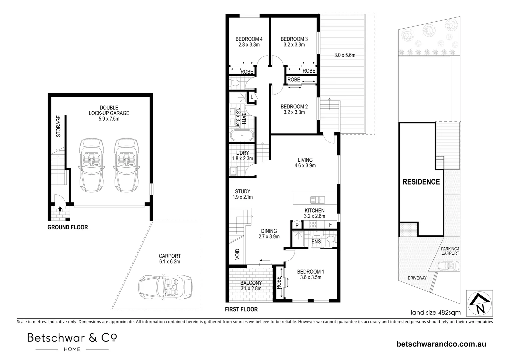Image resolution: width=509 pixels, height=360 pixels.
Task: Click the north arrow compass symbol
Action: pyautogui.click(x=479, y=303)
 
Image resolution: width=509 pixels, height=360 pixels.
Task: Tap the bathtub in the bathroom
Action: pyautogui.click(x=242, y=136)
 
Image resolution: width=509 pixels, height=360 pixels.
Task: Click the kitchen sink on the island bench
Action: pyautogui.click(x=318, y=200)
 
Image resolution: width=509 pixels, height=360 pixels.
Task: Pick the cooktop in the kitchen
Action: pyautogui.click(x=313, y=224)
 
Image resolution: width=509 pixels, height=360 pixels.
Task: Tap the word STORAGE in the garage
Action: pyautogui.click(x=58, y=126)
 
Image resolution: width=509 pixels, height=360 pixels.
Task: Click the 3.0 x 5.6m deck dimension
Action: pyautogui.click(x=345, y=55)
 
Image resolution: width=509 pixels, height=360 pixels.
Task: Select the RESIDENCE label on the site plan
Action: pyautogui.click(x=421, y=182)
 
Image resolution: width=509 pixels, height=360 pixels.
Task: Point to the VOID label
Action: pyautogui.click(x=237, y=254)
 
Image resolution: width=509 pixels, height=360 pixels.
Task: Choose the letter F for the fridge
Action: pyautogui.click(x=330, y=225)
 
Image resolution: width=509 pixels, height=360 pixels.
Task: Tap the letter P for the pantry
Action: pyautogui.click(x=297, y=226)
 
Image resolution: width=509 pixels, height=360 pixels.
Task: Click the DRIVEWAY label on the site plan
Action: pyautogui.click(x=417, y=278)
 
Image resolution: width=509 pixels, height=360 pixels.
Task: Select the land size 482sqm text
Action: pyautogui.click(x=436, y=312)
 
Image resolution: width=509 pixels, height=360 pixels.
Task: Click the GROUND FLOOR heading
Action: pyautogui.click(x=68, y=227)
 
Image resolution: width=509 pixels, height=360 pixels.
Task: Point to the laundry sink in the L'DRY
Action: pyautogui.click(x=233, y=171)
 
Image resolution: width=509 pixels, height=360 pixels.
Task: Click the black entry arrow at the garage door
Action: pyautogui.click(x=60, y=209)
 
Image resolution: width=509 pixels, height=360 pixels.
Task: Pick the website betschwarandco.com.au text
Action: pyautogui.click(x=441, y=344)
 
